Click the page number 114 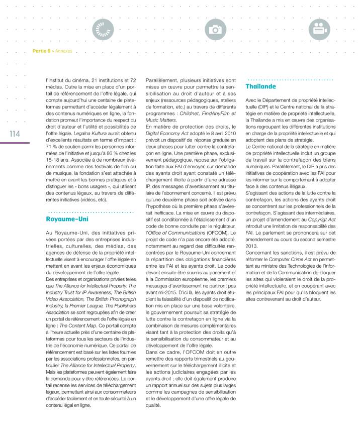[10, 134]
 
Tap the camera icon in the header [216, 30]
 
